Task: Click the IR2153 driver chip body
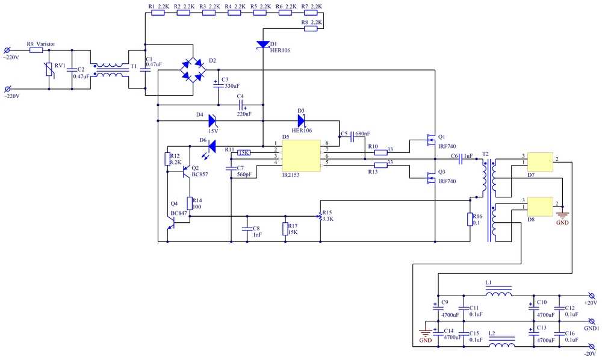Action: click(301, 155)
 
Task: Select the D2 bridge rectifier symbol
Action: click(193, 70)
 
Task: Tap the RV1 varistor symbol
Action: click(49, 70)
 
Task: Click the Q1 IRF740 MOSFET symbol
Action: click(431, 140)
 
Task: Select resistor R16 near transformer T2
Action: click(470, 219)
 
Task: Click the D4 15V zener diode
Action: click(213, 121)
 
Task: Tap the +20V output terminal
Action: click(592, 296)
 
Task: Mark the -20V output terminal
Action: click(592, 347)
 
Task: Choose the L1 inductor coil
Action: click(498, 294)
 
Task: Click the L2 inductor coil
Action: click(502, 345)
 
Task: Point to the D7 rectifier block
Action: click(540, 162)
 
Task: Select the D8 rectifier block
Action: click(540, 207)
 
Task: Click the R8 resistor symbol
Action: click(310, 28)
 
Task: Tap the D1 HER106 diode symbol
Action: click(263, 45)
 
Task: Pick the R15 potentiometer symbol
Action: click(320, 216)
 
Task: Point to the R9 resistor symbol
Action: click(36, 51)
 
